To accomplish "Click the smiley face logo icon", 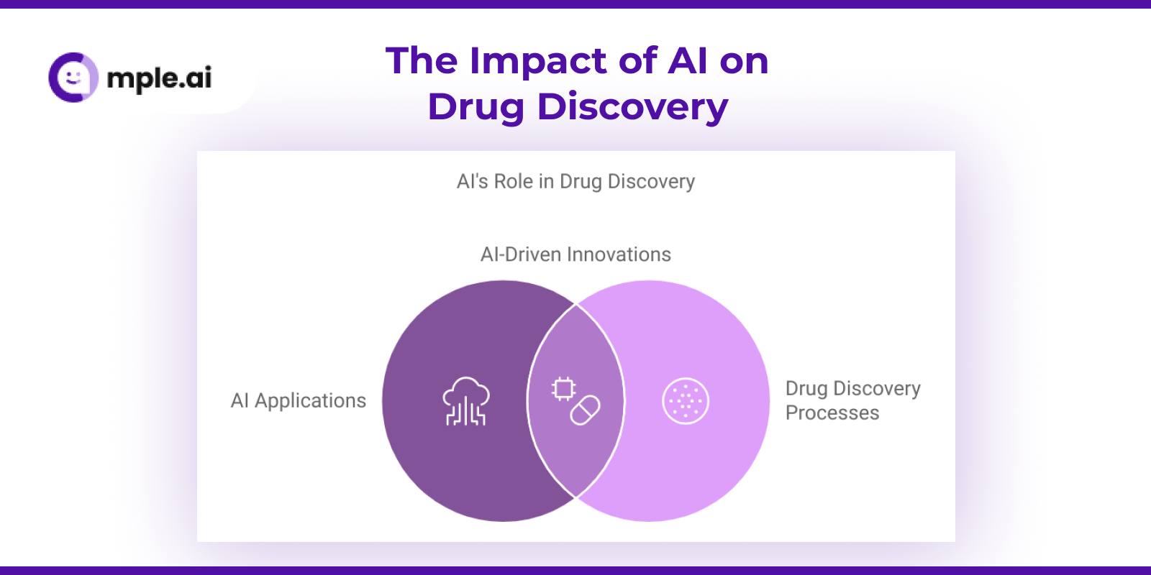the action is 73,78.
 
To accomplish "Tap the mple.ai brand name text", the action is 159,78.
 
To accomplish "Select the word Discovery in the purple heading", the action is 632,107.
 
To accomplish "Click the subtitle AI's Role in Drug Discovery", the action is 575,182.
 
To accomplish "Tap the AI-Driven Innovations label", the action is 575,254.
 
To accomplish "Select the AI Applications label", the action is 298,401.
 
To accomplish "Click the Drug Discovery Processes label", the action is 853,400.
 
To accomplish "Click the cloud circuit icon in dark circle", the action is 466,402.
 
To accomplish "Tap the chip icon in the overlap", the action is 563,389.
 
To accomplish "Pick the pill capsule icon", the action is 586,410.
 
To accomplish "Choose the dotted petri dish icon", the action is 686,401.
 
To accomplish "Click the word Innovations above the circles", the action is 619,254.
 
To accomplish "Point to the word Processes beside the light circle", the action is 832,413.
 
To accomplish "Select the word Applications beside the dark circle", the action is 310,401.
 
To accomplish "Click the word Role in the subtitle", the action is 514,182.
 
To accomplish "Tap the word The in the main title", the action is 422,61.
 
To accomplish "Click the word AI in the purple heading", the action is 687,61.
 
